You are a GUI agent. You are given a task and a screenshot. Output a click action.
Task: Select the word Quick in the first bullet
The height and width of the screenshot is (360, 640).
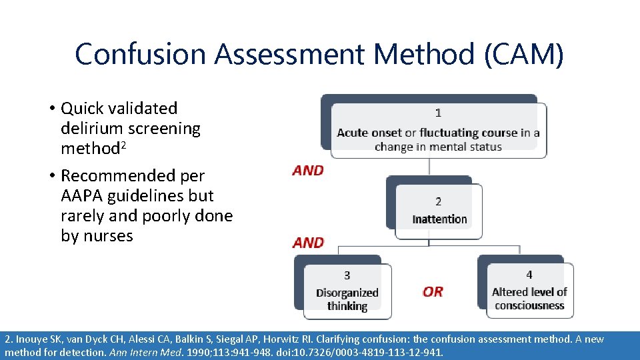tap(84, 109)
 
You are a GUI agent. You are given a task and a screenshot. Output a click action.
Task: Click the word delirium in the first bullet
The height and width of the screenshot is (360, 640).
tap(92, 129)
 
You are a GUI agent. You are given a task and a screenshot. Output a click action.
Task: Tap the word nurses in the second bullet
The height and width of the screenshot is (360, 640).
tap(107, 236)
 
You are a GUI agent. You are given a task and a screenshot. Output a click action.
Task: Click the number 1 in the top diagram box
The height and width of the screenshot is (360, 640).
tap(438, 113)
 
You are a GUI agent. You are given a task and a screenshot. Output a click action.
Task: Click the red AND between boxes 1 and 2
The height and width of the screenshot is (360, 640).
tap(308, 171)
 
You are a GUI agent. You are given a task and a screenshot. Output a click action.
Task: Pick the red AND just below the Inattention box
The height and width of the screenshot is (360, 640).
tap(308, 243)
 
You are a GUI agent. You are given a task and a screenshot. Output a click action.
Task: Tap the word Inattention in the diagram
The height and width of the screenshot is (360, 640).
tap(439, 219)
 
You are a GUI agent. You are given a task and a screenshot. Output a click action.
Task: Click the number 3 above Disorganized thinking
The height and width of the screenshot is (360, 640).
tap(347, 275)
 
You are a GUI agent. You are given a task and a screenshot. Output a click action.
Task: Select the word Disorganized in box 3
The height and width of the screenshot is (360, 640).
tap(347, 293)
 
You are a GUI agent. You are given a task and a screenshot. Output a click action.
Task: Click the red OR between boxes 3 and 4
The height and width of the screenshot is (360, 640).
tap(433, 292)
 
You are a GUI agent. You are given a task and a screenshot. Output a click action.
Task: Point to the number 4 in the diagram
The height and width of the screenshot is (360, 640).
tap(529, 275)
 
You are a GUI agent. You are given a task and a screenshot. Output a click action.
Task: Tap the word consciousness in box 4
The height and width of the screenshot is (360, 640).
tap(529, 305)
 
